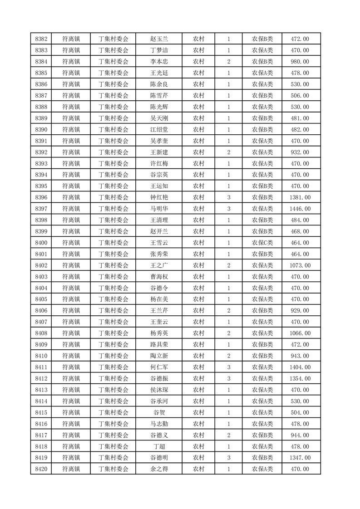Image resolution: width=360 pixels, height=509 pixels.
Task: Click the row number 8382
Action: pyautogui.click(x=41, y=39)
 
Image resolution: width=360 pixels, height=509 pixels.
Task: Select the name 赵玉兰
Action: pyautogui.click(x=159, y=39)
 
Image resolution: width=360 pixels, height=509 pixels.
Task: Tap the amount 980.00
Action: pyautogui.click(x=300, y=62)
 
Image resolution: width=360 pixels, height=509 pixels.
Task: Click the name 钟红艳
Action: pyautogui.click(x=159, y=197)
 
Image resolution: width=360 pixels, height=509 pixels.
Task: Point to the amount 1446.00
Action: pyautogui.click(x=300, y=209)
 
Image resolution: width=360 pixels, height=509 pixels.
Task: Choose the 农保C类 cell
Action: pyautogui.click(x=262, y=243)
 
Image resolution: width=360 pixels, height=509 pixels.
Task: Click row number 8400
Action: pyautogui.click(x=41, y=243)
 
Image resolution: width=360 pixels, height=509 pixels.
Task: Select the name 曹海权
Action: pyautogui.click(x=159, y=277)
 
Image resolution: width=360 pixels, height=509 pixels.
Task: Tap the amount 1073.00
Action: pyautogui.click(x=300, y=265)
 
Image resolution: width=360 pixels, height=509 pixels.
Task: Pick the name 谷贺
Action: pyautogui.click(x=159, y=412)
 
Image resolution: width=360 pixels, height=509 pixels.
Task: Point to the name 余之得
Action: pyautogui.click(x=159, y=469)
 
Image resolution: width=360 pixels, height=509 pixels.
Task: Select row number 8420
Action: pyautogui.click(x=41, y=469)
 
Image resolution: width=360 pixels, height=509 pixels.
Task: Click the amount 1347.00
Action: pyautogui.click(x=300, y=458)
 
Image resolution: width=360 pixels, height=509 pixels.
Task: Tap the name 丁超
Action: pyautogui.click(x=159, y=446)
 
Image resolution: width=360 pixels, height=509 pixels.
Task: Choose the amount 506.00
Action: pyautogui.click(x=300, y=96)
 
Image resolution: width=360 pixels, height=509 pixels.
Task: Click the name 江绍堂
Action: pyautogui.click(x=159, y=130)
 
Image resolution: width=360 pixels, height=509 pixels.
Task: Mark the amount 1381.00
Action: pyautogui.click(x=300, y=197)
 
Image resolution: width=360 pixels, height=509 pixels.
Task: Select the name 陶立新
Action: pyautogui.click(x=159, y=356)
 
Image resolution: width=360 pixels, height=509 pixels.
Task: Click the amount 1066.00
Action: pyautogui.click(x=300, y=333)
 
